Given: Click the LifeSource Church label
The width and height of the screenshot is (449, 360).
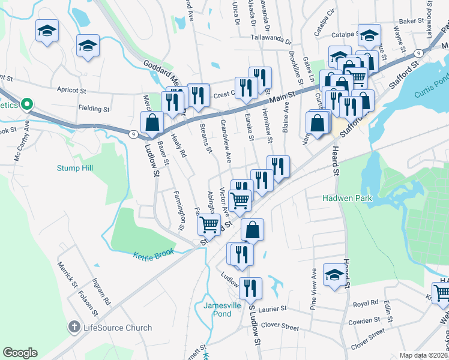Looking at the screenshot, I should point(117,328).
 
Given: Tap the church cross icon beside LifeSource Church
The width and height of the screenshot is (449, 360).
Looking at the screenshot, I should point(74,328).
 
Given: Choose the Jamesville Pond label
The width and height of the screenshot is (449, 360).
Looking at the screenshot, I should point(217,309).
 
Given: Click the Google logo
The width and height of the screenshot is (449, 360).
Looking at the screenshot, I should point(20,353).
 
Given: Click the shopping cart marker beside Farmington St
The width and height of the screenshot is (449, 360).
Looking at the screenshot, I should point(209,224).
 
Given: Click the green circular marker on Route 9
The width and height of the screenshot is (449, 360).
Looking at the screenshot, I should point(26,104).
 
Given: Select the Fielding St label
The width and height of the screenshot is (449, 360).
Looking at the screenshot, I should point(94,109).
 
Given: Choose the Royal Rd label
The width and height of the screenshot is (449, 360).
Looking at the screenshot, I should point(366,303).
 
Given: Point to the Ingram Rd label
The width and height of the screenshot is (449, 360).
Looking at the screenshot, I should point(101,292).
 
